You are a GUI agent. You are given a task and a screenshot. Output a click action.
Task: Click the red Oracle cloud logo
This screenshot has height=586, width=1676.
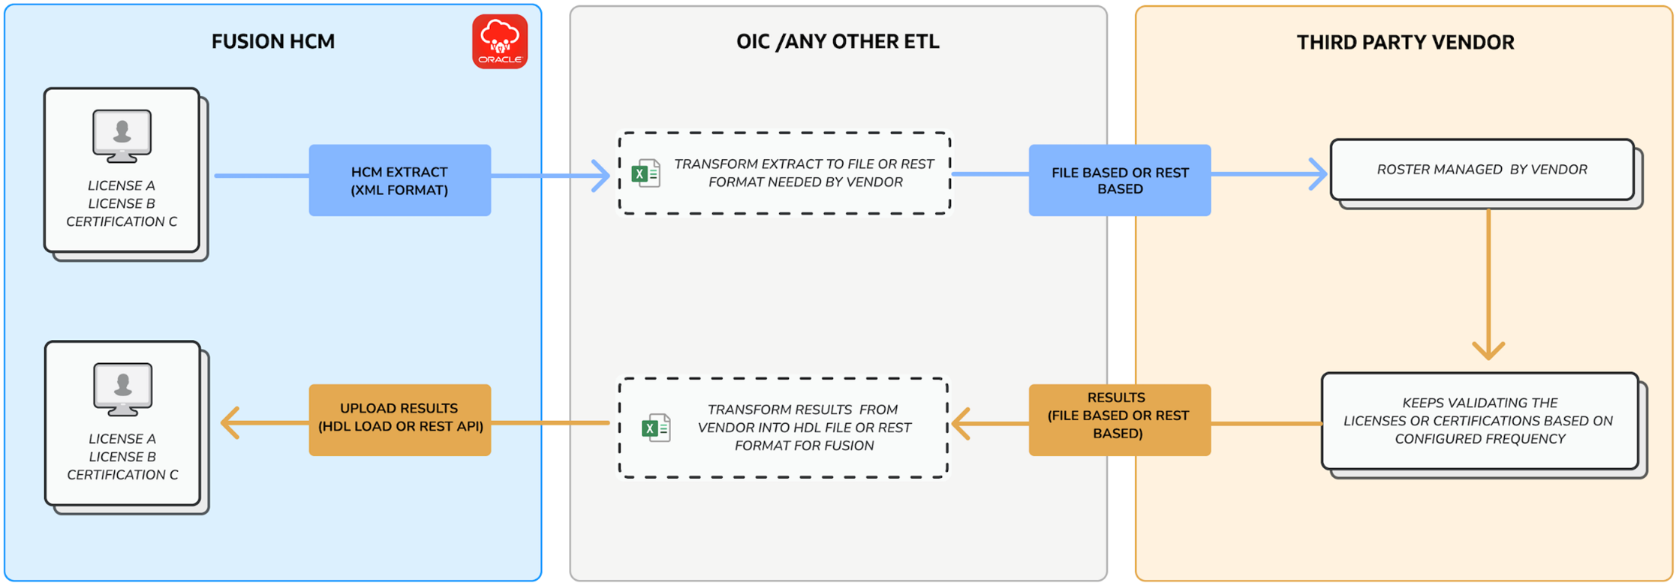point(500,41)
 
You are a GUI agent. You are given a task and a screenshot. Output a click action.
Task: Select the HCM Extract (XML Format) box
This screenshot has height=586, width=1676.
point(399,181)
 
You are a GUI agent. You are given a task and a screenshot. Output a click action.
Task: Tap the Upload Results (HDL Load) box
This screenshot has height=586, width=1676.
point(399,419)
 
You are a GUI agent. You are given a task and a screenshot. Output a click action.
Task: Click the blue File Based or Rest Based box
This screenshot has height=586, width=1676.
point(1119,181)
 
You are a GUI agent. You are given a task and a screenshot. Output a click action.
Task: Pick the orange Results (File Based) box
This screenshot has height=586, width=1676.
point(1119,419)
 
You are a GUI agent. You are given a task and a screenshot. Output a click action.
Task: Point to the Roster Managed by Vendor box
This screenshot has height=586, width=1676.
point(1482,170)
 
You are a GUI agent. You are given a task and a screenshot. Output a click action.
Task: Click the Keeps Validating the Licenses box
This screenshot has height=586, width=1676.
point(1479,421)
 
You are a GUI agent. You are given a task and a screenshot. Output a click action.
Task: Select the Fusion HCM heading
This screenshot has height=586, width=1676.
point(272,42)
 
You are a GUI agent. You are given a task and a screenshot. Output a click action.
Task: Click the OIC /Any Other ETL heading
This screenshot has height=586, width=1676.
point(838,42)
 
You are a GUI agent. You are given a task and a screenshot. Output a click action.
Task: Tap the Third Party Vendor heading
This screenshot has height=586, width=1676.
point(1405,43)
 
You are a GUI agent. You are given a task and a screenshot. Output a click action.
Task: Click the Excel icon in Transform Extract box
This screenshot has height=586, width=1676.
point(645,173)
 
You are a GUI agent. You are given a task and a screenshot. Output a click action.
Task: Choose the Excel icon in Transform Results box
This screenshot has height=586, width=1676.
point(656,428)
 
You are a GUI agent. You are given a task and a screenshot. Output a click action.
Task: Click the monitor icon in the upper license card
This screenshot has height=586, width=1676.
point(122,135)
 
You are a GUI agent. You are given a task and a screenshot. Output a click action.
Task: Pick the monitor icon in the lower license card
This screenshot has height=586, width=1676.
point(123,389)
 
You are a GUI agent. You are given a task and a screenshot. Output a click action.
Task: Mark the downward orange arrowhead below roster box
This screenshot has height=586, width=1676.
point(1488,350)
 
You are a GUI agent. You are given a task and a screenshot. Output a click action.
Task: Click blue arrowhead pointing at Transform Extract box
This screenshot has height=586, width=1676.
point(601,176)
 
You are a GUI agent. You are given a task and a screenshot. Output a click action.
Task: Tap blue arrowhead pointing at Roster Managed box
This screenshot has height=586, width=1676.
point(1319,174)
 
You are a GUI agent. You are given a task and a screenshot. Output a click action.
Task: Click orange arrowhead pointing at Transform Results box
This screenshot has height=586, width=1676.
point(961,424)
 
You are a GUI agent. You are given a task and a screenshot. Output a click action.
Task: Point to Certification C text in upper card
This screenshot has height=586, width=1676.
point(122,222)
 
